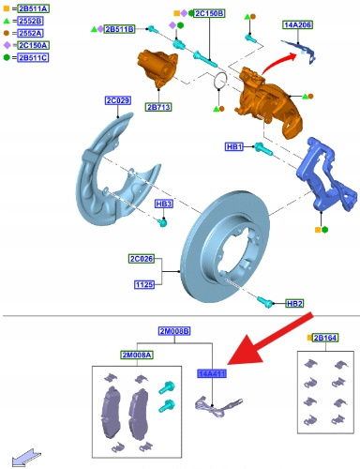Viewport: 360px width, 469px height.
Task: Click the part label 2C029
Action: click(118, 100)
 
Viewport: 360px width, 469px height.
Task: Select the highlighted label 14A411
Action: click(212, 373)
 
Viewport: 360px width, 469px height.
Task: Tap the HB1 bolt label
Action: click(234, 146)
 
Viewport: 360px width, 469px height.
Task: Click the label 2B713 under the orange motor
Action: click(158, 107)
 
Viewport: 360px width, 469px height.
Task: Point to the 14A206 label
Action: click(298, 24)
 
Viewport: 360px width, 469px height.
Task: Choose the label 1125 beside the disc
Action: click(144, 285)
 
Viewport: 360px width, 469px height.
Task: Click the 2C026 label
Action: click(142, 259)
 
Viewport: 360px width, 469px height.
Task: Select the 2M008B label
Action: click(174, 331)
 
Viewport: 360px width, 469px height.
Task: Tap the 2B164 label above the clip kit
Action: click(325, 338)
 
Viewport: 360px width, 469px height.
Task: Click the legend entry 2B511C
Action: click(33, 58)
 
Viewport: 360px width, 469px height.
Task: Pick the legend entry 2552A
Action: click(30, 33)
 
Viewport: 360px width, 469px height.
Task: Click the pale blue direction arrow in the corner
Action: click(26, 458)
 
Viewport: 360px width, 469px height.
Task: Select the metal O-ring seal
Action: click(220, 80)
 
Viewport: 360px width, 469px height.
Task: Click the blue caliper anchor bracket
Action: click(326, 176)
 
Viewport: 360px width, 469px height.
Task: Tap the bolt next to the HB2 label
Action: click(265, 302)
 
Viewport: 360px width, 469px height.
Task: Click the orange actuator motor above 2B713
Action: click(157, 68)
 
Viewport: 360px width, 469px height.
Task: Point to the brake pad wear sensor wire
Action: click(218, 407)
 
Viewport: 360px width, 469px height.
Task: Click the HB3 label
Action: click(164, 204)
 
